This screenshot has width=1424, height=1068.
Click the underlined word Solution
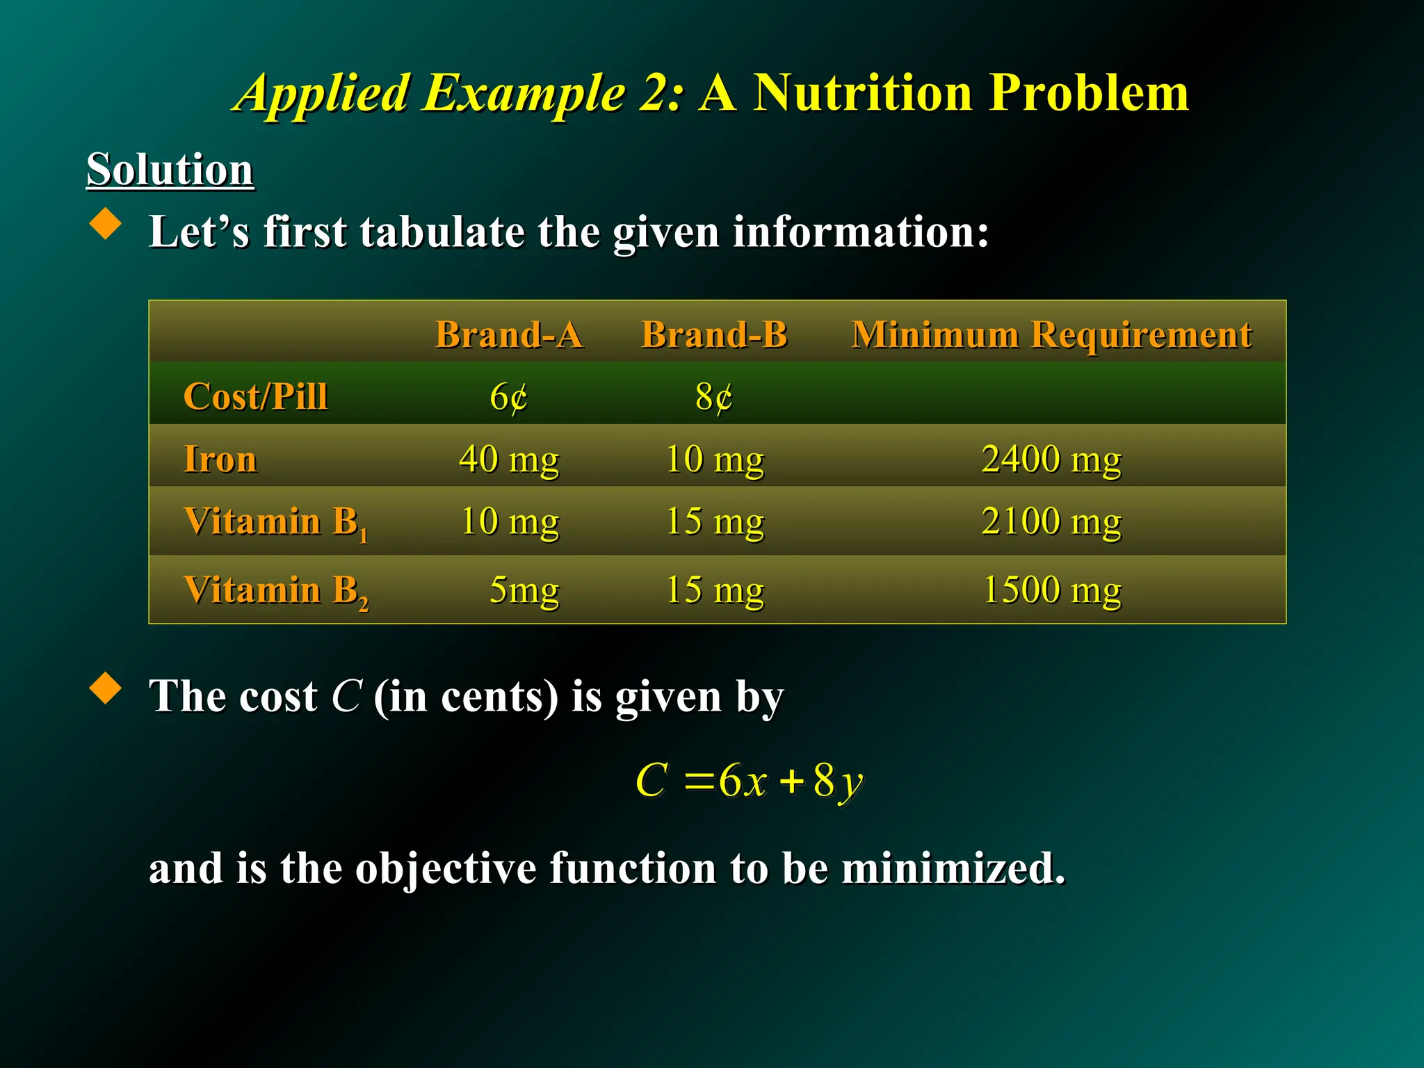(x=170, y=169)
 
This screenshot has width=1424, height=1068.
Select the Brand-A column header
(x=508, y=334)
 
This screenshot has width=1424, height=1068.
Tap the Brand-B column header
(x=714, y=334)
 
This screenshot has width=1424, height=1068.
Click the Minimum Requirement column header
(x=1051, y=334)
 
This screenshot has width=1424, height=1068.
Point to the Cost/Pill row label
(x=255, y=396)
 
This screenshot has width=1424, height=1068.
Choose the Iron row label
(x=220, y=459)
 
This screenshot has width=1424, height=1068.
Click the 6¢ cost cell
(x=508, y=397)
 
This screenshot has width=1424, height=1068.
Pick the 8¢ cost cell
(x=714, y=397)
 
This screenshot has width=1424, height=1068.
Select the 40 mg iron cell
(x=508, y=459)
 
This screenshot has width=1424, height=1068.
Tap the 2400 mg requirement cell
(x=1051, y=459)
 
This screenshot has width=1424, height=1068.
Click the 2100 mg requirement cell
(x=1051, y=521)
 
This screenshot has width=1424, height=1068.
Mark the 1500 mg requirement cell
(x=1051, y=590)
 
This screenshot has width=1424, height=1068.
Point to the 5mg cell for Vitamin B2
(x=524, y=590)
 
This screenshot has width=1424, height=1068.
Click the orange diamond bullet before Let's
(x=106, y=224)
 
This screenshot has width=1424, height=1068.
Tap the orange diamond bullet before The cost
(x=106, y=688)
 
